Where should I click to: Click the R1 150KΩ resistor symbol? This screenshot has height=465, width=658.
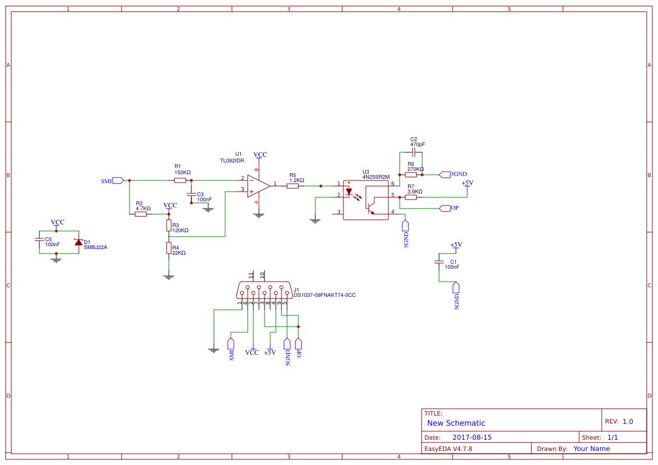click(x=180, y=180)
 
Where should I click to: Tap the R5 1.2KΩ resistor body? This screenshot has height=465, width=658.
click(x=292, y=186)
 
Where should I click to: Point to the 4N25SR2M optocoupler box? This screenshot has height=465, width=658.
click(x=366, y=200)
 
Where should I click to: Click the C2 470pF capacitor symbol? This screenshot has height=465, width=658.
click(x=414, y=152)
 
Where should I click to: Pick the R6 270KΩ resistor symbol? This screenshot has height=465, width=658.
click(x=411, y=174)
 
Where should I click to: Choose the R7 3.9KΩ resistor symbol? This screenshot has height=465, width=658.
click(x=411, y=197)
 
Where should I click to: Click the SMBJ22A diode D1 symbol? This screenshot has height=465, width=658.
click(x=78, y=242)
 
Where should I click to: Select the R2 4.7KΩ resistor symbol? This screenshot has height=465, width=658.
click(x=141, y=214)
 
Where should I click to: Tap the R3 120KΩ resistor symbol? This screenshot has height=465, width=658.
click(x=168, y=225)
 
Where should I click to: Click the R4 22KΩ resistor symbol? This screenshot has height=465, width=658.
click(x=168, y=248)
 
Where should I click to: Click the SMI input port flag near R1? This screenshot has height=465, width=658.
click(x=118, y=180)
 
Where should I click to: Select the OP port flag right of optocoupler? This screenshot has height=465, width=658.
click(x=445, y=208)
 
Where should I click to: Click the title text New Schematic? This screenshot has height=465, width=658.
click(x=456, y=423)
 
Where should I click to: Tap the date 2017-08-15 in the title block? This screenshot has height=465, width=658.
click(x=472, y=437)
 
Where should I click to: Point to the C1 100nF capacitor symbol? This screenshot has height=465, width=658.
click(x=439, y=262)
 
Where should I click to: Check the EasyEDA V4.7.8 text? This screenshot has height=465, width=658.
click(x=448, y=449)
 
